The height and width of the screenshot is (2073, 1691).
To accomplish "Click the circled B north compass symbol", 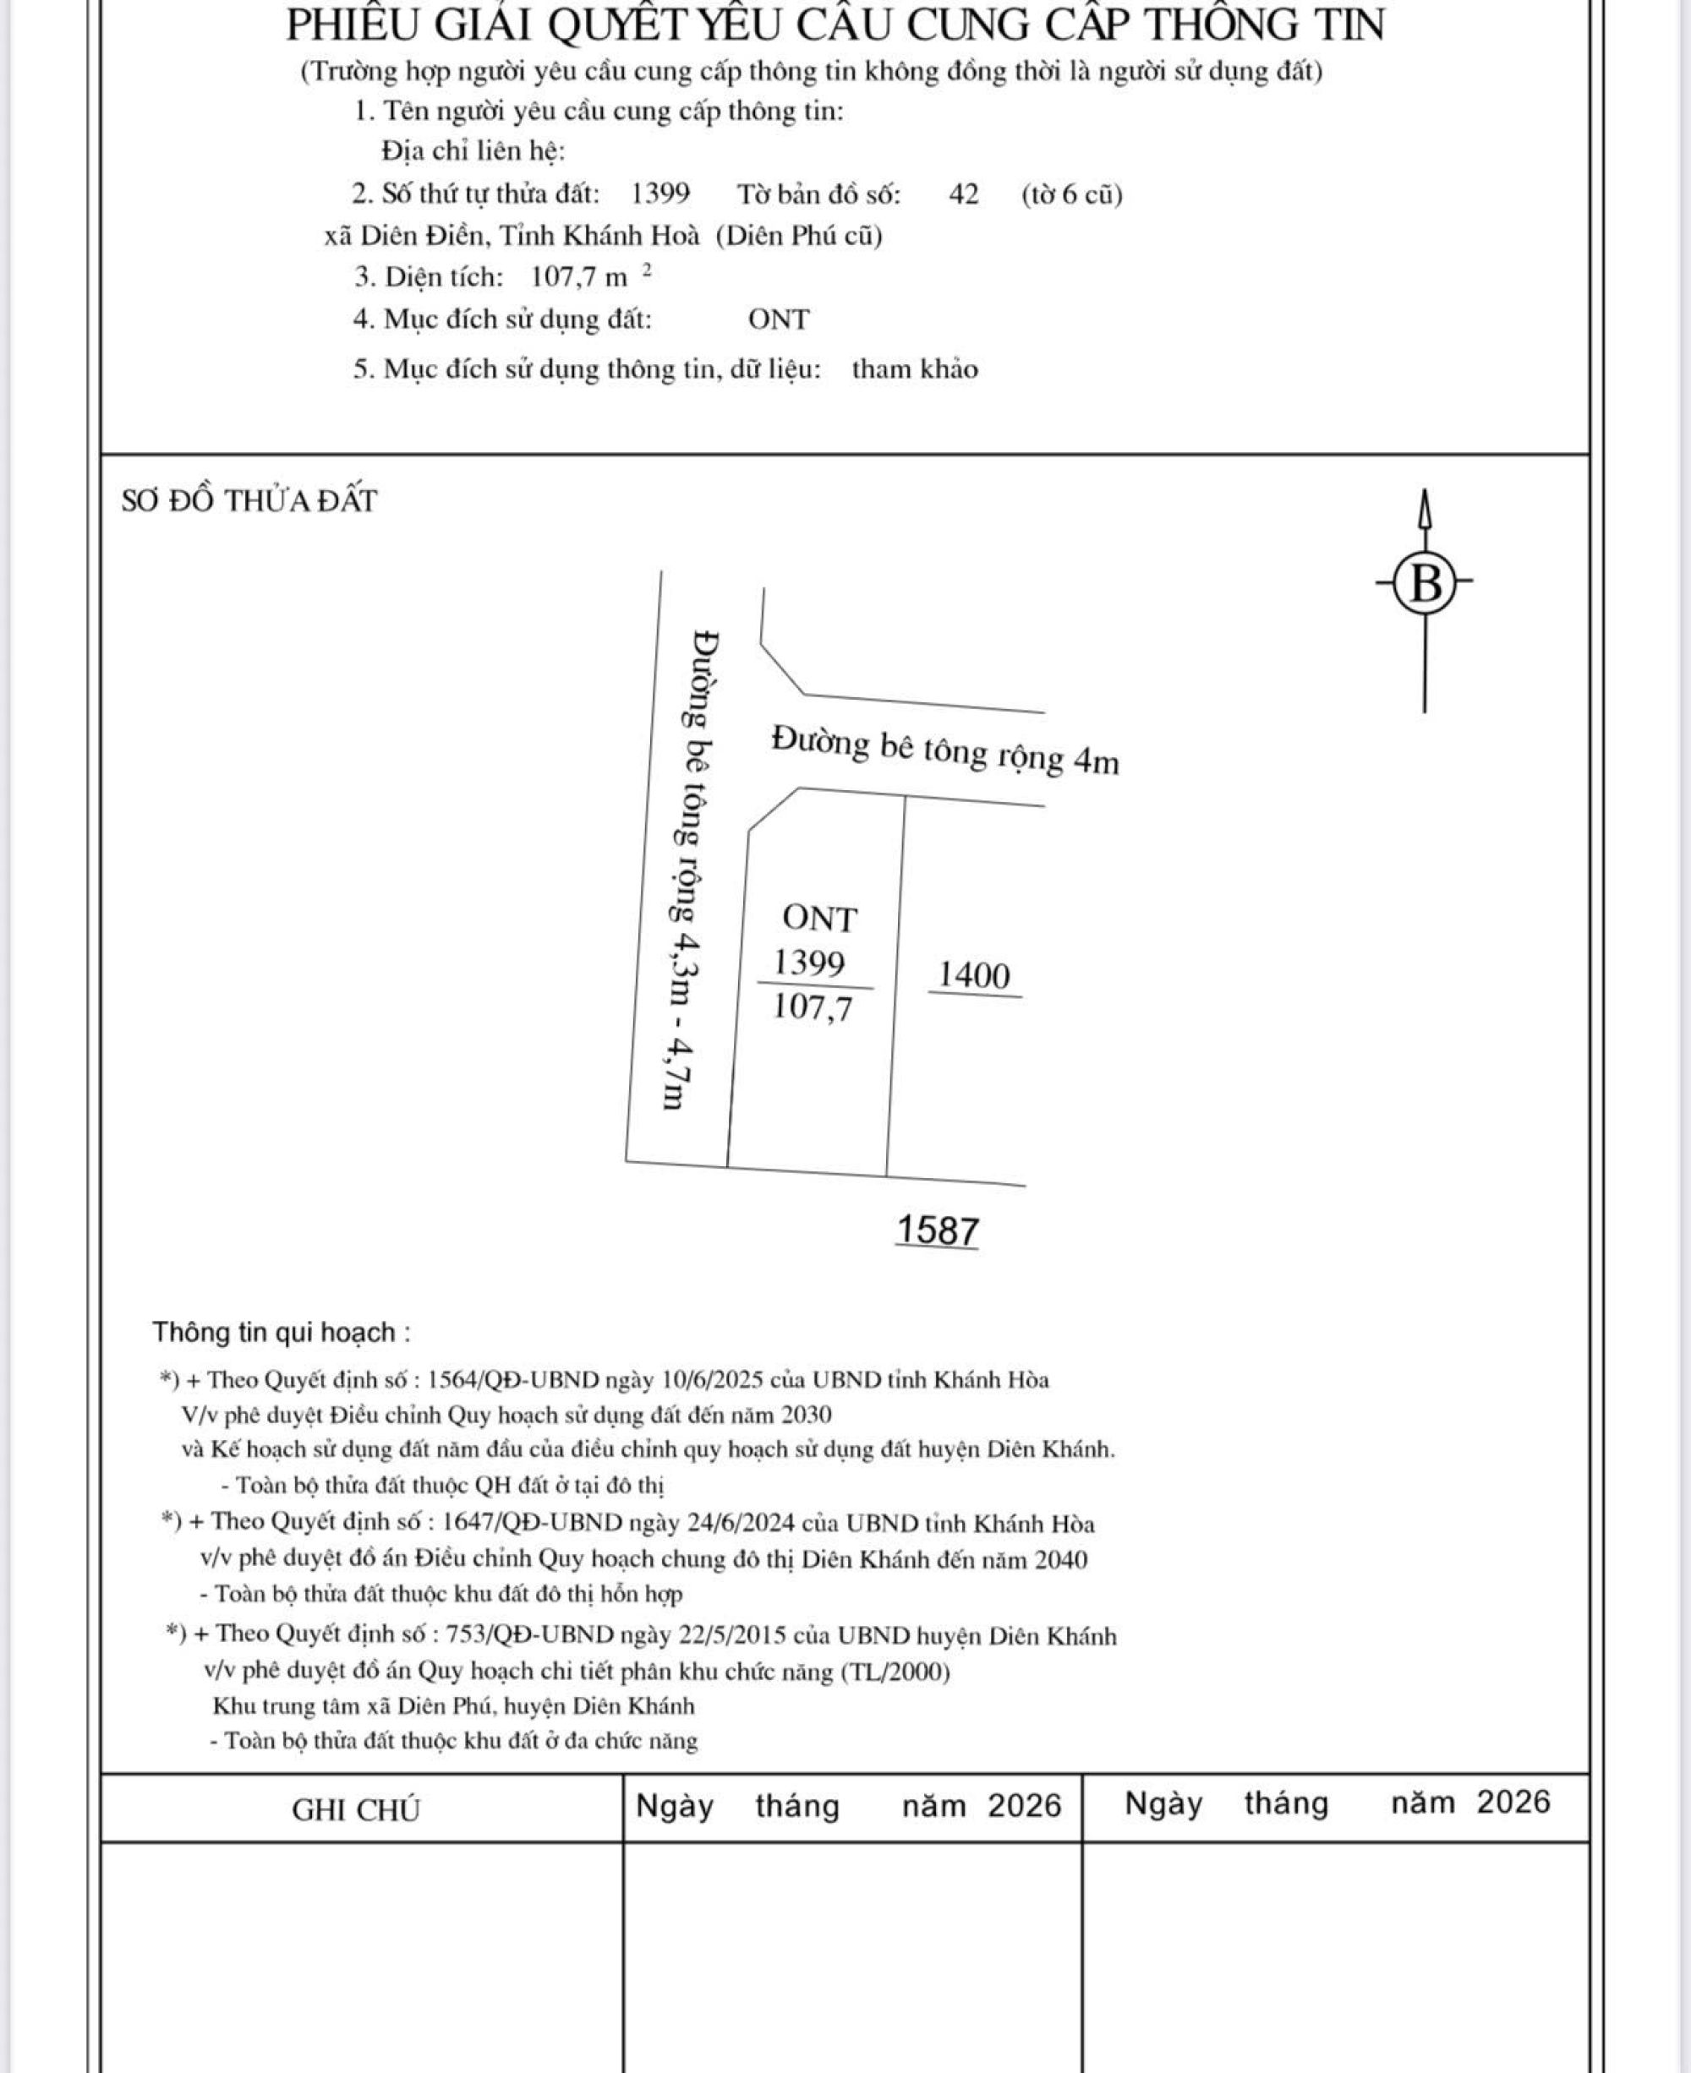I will [x=1425, y=585].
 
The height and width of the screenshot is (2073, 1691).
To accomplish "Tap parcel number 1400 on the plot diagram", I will [x=974, y=974].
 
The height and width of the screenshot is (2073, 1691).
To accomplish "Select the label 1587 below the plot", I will [x=937, y=1230].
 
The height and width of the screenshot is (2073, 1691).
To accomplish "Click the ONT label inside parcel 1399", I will [x=819, y=919].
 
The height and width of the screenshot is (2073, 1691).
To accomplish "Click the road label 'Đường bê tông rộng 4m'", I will [x=945, y=750].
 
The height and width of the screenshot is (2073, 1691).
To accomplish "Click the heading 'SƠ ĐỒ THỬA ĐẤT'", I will [x=249, y=501].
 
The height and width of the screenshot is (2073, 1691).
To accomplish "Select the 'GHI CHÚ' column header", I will [x=356, y=1810].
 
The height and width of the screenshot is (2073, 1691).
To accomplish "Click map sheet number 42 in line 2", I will [x=963, y=194].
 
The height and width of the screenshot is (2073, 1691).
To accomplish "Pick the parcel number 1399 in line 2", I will [x=660, y=194].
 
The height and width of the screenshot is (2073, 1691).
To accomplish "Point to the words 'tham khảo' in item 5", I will [x=915, y=369].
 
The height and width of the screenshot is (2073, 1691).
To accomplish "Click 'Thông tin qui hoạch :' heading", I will [x=281, y=1332].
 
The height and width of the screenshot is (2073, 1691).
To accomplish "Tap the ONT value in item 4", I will [x=779, y=319].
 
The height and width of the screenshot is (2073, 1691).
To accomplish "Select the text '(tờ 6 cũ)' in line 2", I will [x=1071, y=194].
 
